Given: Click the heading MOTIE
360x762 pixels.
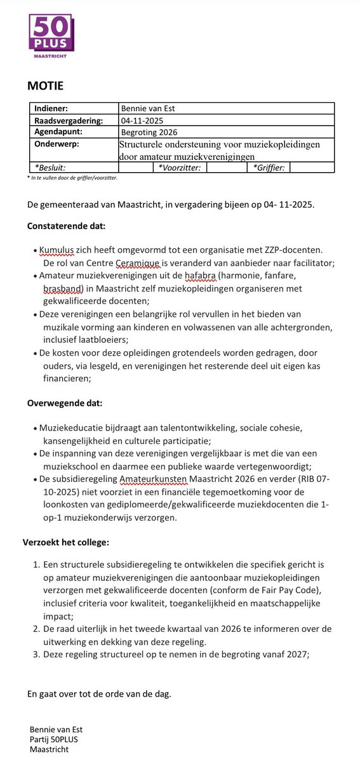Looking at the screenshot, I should pos(45,86).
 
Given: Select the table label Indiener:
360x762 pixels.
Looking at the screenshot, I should pos(55,109).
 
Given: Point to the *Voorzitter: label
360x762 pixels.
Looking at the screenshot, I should pos(180,168).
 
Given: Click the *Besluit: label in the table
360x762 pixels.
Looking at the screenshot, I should pos(50,168).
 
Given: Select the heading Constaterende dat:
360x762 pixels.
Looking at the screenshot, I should pos(67,225).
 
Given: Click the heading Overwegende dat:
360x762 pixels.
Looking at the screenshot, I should pos(65,403).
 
